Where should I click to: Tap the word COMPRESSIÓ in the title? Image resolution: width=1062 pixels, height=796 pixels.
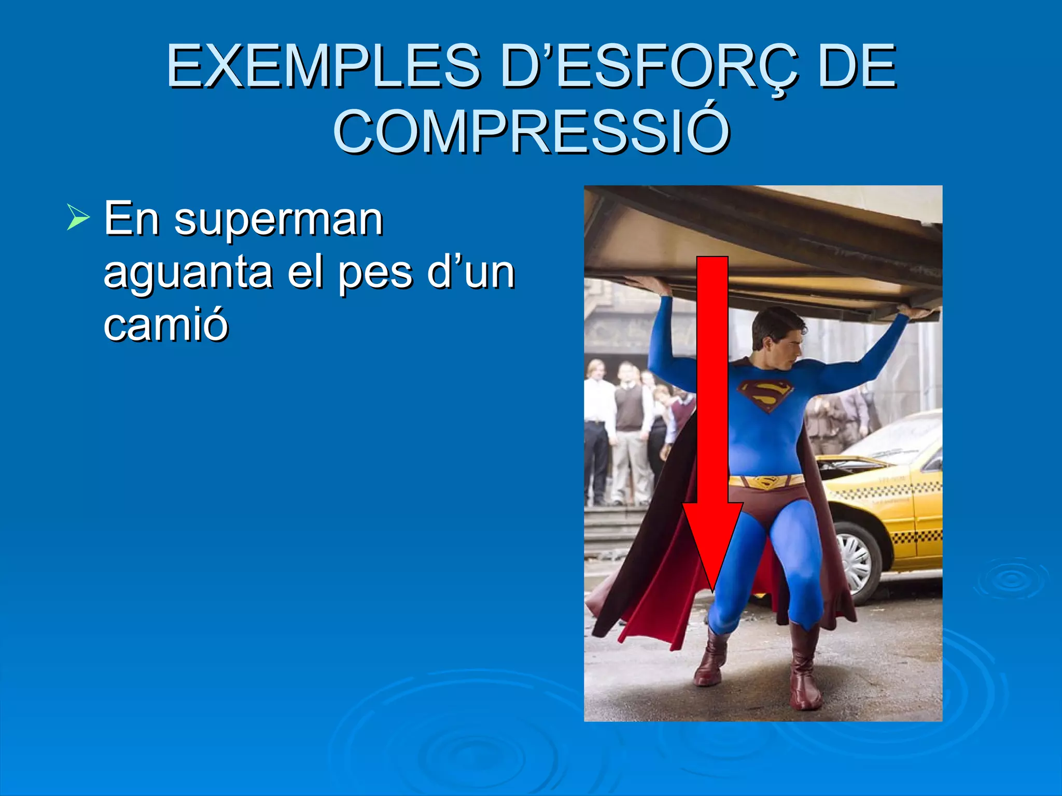coord(531,132)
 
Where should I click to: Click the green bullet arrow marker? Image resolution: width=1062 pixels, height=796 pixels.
coord(78,217)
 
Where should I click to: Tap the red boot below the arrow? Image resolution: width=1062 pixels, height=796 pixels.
coord(711,661)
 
